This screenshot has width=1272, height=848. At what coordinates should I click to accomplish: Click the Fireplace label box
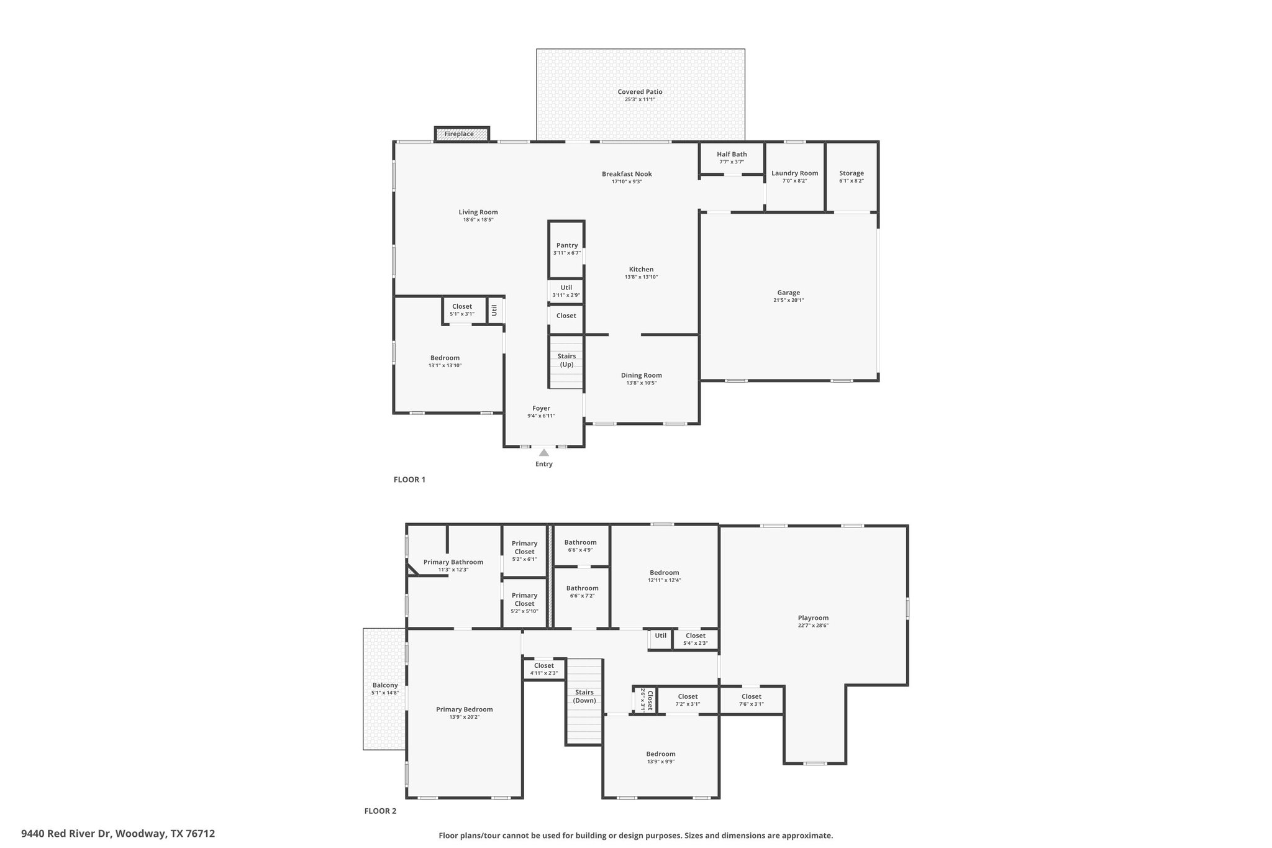pyautogui.click(x=461, y=134)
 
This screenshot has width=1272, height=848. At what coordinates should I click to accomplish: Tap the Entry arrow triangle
pyautogui.click(x=544, y=453)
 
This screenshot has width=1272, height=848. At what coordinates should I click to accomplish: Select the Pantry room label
pyautogui.click(x=567, y=245)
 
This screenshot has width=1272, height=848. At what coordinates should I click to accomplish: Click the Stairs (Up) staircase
pyautogui.click(x=566, y=361)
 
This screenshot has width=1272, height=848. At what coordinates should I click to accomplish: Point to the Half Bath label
pyautogui.click(x=732, y=154)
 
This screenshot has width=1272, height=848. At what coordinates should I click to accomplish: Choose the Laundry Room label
pyautogui.click(x=794, y=173)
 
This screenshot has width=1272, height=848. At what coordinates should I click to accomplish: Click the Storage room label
pyautogui.click(x=851, y=173)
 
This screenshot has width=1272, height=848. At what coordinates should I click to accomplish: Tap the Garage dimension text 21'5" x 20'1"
pyautogui.click(x=788, y=300)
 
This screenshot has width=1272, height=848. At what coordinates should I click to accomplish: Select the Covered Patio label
pyautogui.click(x=640, y=92)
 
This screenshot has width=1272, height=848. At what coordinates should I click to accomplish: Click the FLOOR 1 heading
pyautogui.click(x=409, y=480)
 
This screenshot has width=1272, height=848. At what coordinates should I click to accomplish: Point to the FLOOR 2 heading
pyautogui.click(x=380, y=811)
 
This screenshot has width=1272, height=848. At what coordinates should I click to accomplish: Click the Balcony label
pyautogui.click(x=385, y=685)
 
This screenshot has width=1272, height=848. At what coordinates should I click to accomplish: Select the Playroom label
pyautogui.click(x=813, y=618)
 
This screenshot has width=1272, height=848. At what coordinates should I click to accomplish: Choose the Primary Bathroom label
pyautogui.click(x=453, y=562)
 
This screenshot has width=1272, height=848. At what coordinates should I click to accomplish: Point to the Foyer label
pyautogui.click(x=541, y=408)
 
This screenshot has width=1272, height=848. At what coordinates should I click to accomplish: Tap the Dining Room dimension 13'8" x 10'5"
pyautogui.click(x=641, y=383)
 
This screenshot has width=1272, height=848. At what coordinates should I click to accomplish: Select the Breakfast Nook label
pyautogui.click(x=627, y=174)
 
